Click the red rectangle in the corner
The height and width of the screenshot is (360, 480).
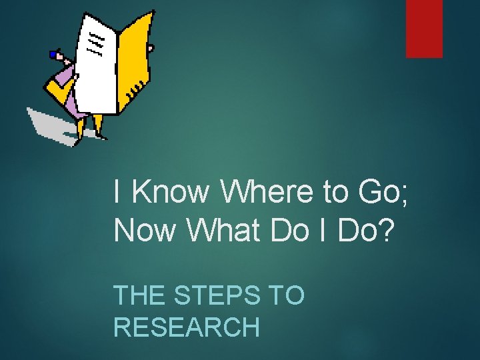click(x=424, y=28)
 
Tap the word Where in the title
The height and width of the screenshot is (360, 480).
click(x=265, y=192)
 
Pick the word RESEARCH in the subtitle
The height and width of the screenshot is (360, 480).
click(x=187, y=327)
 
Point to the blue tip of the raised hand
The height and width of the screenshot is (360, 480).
click(x=53, y=54)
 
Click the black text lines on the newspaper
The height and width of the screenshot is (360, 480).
click(x=95, y=43)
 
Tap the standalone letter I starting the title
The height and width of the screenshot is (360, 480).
click(x=117, y=192)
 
